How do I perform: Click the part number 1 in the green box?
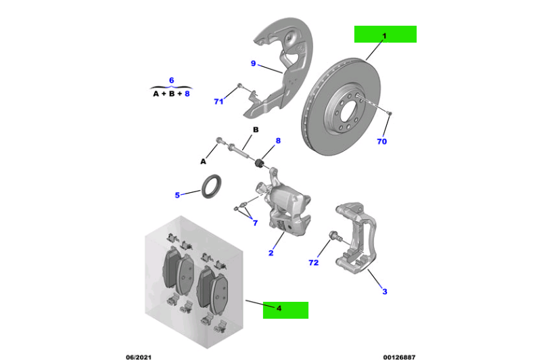click(x=384, y=34)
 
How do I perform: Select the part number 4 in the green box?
click(x=279, y=309)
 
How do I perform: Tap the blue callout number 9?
click(x=253, y=64)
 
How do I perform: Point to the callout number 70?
click(x=381, y=142)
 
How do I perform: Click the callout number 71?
click(x=218, y=102)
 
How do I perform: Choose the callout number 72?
click(x=313, y=262)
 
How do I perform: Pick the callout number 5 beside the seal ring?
click(x=177, y=196)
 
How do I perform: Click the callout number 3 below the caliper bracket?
click(x=385, y=292)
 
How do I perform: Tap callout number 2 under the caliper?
click(x=271, y=253)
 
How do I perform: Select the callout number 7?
click(x=255, y=223)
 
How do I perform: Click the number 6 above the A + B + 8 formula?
click(x=171, y=81)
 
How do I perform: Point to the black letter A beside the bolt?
click(x=202, y=162)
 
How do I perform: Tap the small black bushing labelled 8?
click(x=258, y=164)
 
